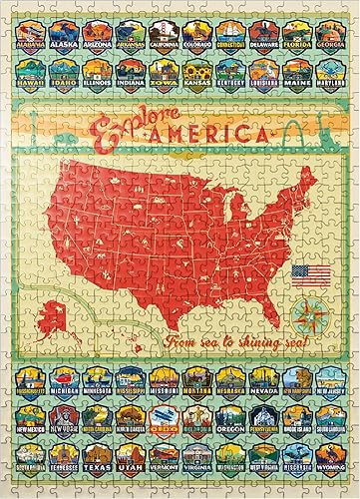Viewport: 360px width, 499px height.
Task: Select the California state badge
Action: [164, 37]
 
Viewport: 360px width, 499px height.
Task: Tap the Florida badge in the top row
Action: [295, 37]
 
